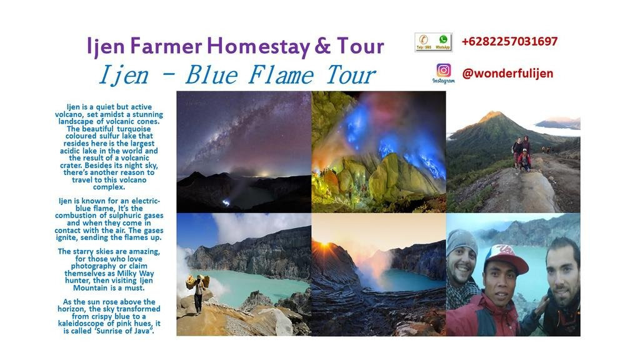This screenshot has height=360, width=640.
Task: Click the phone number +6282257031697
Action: pos(509,42)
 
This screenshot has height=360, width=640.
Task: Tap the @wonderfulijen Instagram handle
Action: pos(507,73)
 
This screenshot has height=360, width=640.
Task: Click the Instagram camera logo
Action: pos(443,71)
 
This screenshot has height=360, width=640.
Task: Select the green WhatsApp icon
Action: pos(443,40)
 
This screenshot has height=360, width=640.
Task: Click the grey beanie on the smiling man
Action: pos(461,241)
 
